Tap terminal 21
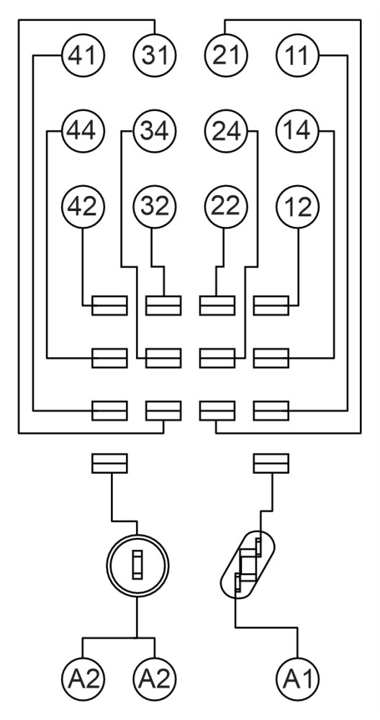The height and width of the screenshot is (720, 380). click(225, 55)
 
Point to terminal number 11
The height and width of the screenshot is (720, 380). click(297, 55)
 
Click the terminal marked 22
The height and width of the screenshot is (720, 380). click(225, 207)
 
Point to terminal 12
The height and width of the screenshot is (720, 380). click(297, 207)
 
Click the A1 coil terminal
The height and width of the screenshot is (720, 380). click(297, 678)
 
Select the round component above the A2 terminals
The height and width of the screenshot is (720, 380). click(137, 567)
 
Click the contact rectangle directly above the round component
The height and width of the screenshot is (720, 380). click(109, 463)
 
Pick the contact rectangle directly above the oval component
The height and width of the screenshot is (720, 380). click(271, 463)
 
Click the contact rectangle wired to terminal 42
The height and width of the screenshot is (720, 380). click(109, 306)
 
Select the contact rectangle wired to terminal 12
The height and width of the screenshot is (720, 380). click(271, 306)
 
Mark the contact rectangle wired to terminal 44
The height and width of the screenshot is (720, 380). click(109, 357)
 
